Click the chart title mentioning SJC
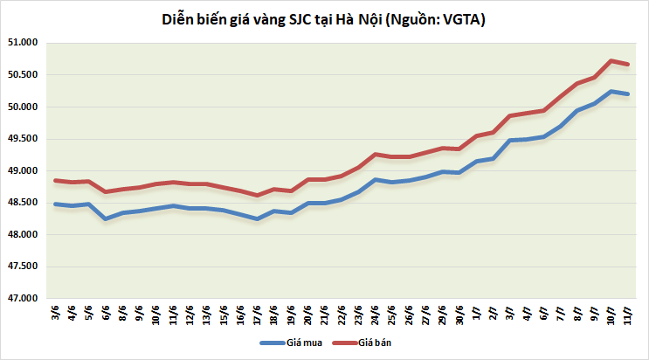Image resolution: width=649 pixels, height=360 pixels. click(324, 18)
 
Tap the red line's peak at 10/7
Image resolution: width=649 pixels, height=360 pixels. click(611, 60)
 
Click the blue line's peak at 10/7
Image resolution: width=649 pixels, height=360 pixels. click(611, 91)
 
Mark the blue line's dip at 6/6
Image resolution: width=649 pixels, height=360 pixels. click(106, 218)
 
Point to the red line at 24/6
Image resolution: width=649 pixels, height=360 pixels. click(375, 154)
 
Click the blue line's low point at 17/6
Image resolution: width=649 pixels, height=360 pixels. click(257, 218)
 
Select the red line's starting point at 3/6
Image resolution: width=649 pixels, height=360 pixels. click(56, 180)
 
